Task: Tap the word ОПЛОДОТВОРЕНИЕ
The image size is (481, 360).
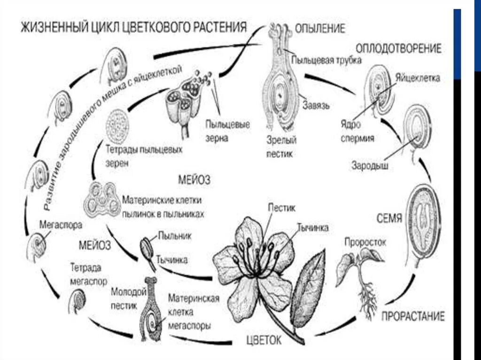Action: tap(398, 49)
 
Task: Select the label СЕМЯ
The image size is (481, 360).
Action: tap(389, 219)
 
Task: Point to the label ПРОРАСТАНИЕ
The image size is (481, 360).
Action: tap(412, 315)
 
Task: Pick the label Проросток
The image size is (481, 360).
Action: tap(365, 243)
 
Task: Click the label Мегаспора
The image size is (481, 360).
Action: tap(61, 225)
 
